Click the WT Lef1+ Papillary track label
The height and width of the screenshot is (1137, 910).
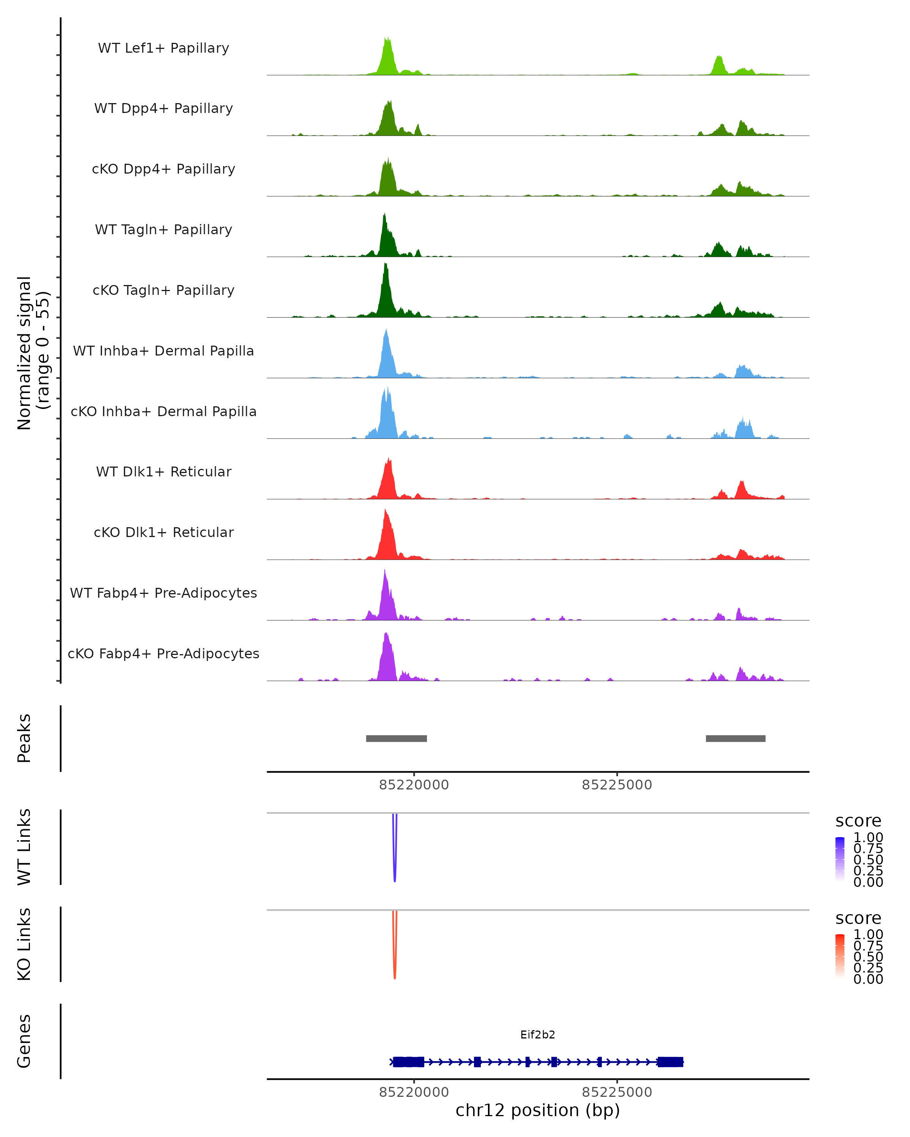[x=163, y=48]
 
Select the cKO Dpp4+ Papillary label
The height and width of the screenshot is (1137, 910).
[x=163, y=169]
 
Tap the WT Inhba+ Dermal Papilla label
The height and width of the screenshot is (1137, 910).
[x=163, y=351]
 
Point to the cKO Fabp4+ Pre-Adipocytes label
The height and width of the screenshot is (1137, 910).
[x=163, y=654]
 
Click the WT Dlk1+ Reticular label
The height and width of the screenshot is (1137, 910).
[x=163, y=472]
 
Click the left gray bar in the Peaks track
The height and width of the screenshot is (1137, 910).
[x=396, y=738]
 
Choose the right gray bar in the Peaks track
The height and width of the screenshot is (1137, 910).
[x=735, y=738]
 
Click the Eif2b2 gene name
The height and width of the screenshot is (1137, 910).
[x=538, y=1035]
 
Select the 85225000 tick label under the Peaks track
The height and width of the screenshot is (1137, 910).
[x=617, y=785]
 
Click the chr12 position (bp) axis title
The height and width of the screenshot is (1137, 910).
[x=538, y=1110]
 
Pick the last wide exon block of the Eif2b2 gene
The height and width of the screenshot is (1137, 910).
[x=670, y=1062]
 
